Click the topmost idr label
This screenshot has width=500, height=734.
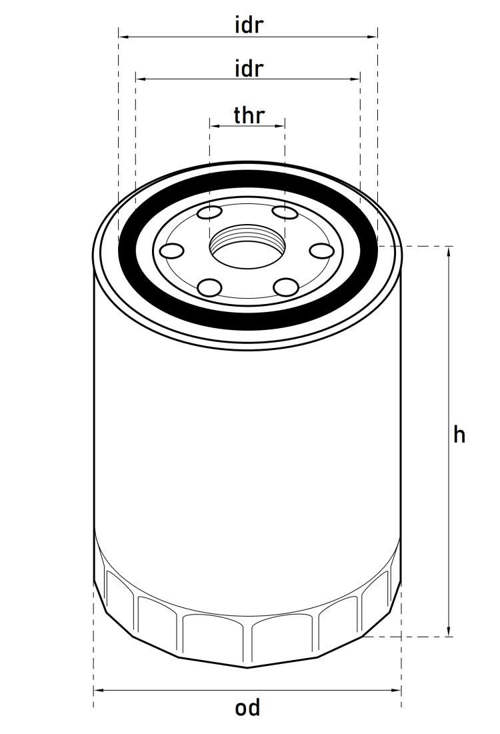pos(249,25)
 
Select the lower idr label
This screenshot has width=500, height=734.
pos(249,69)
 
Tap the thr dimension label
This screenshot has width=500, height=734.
pos(249,115)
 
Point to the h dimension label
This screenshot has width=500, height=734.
pos(459,435)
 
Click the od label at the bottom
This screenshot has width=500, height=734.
pos(247,708)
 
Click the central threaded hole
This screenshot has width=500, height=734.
pos(247,246)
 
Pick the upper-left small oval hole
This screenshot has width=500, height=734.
pos(210,213)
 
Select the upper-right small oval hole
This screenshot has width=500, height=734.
pos(285,213)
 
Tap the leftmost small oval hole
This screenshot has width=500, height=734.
pos(171,251)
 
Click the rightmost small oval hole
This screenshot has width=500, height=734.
pos(322,251)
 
